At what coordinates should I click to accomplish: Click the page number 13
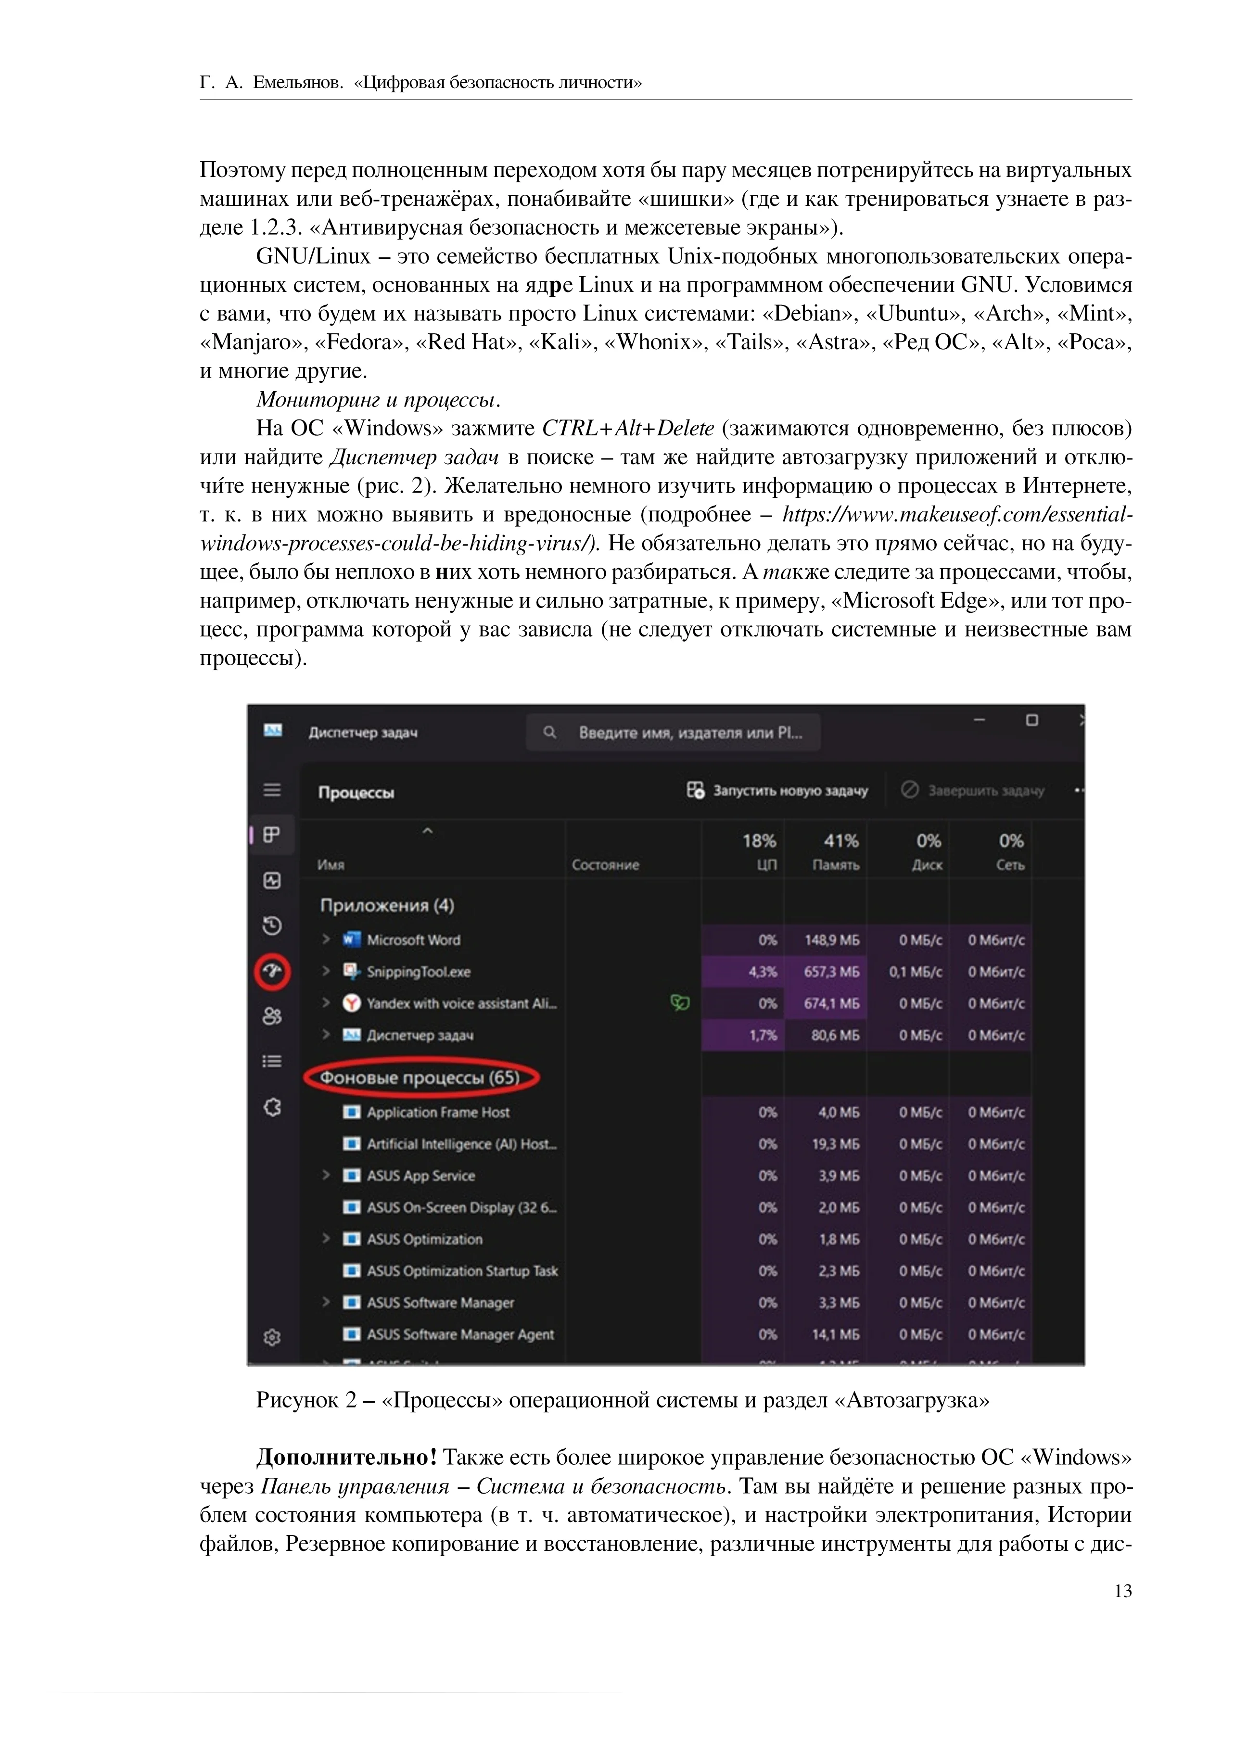tap(1122, 1591)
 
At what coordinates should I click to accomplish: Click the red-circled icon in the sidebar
tap(272, 971)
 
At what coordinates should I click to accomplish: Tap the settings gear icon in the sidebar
tap(272, 1337)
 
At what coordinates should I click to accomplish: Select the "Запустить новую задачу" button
tap(778, 790)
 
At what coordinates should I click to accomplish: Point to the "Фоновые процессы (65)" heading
tap(420, 1078)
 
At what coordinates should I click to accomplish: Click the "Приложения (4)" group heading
tap(387, 905)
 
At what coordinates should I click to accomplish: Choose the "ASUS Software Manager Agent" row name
tap(460, 1334)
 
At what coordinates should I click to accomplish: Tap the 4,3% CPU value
tap(763, 971)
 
